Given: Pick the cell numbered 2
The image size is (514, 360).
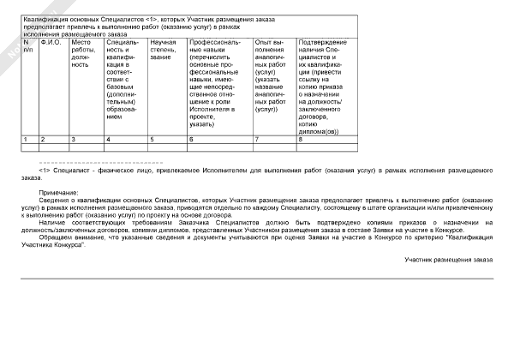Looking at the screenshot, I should pos(43,139).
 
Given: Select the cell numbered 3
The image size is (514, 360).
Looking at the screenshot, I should pos(74,139).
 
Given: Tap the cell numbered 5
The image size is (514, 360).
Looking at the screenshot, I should pos(152,139).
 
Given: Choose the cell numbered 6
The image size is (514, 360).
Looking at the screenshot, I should pos(191,139).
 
